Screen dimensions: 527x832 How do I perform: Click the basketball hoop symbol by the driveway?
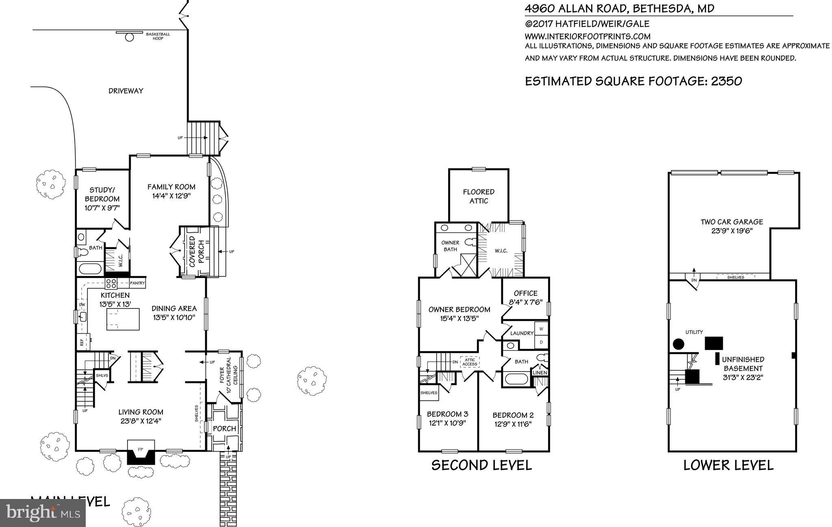(129, 37)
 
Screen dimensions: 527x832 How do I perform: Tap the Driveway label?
(126, 91)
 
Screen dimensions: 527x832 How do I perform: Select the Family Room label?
(171, 187)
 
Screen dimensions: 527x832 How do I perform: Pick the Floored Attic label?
(479, 196)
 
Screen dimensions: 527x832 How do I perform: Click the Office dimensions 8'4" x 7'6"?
(525, 302)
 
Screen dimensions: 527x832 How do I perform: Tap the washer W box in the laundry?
(541, 328)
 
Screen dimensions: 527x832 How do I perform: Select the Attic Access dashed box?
(470, 362)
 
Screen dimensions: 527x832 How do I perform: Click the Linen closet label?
(539, 373)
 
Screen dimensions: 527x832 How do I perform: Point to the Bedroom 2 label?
(513, 415)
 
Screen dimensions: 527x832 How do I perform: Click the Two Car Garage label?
(732, 222)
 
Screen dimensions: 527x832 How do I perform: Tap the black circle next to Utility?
(678, 344)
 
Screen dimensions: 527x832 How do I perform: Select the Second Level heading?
(481, 465)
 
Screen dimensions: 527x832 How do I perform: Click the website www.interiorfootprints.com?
(587, 36)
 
